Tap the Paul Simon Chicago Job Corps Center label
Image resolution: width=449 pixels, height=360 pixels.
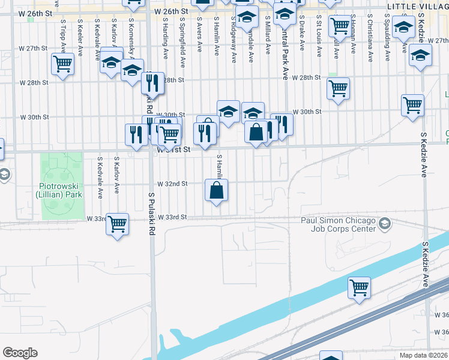point(338,224)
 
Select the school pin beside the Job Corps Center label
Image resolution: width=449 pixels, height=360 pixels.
point(385,224)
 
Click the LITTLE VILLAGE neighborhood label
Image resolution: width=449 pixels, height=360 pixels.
point(417,5)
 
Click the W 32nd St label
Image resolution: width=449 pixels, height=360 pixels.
point(172,184)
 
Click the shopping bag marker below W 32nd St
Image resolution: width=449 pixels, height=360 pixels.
point(216,191)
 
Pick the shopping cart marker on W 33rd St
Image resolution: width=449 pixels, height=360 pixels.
point(117,224)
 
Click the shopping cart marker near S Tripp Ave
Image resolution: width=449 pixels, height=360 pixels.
point(62,64)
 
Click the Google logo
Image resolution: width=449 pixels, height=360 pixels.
point(20,353)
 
